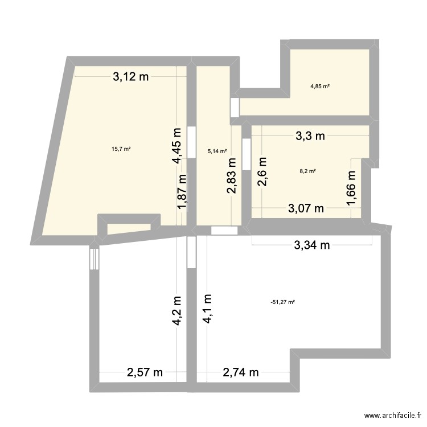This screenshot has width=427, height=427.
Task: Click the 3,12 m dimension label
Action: [x=130, y=78]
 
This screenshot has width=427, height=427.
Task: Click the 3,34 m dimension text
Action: [x=312, y=245]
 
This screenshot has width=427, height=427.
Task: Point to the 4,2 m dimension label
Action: [x=178, y=310]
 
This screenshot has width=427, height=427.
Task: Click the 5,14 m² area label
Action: [x=217, y=151]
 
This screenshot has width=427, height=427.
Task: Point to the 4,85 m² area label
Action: [x=320, y=87]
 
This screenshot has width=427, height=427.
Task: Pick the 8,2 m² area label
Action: [x=307, y=170]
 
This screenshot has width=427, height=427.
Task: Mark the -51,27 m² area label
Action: [x=282, y=302]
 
